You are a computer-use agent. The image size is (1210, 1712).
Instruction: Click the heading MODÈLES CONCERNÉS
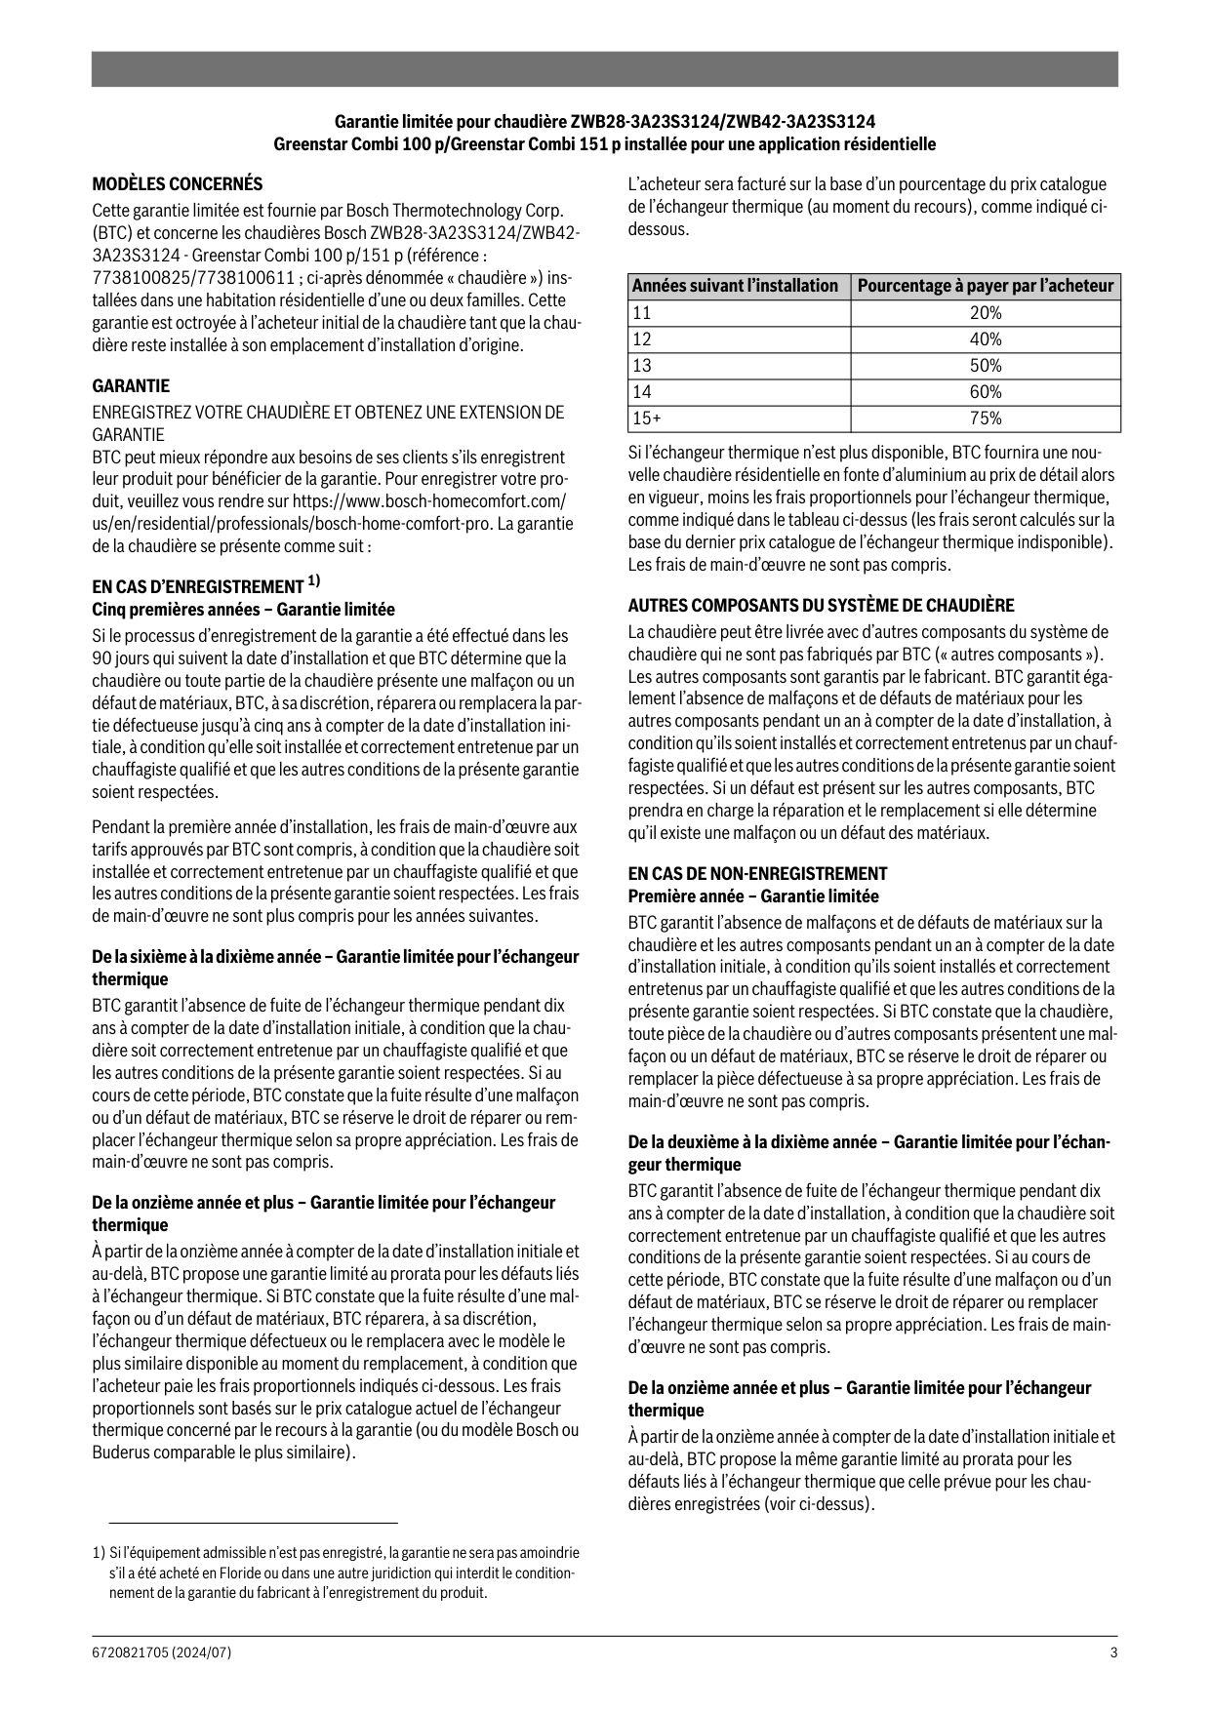click(177, 183)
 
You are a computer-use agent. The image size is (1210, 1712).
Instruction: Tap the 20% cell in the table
click(986, 313)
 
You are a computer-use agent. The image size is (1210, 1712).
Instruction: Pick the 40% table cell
click(986, 339)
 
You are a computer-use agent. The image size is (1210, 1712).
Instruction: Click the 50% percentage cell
click(986, 366)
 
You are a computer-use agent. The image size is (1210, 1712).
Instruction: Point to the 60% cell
click(986, 392)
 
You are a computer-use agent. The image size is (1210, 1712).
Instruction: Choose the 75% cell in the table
click(986, 418)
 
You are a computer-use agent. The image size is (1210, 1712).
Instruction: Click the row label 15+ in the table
click(646, 418)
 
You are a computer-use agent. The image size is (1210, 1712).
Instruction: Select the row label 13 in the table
click(641, 366)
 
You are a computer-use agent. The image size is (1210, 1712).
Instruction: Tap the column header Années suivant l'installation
click(736, 286)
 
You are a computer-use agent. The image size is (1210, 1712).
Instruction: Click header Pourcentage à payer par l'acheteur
click(986, 286)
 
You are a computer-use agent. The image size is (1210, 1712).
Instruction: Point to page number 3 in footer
click(1113, 1652)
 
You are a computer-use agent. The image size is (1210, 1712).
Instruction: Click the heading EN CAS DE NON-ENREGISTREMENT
click(757, 873)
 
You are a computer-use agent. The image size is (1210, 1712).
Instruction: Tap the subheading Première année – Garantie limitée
click(752, 896)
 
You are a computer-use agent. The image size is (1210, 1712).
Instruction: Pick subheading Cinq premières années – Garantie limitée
click(243, 610)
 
